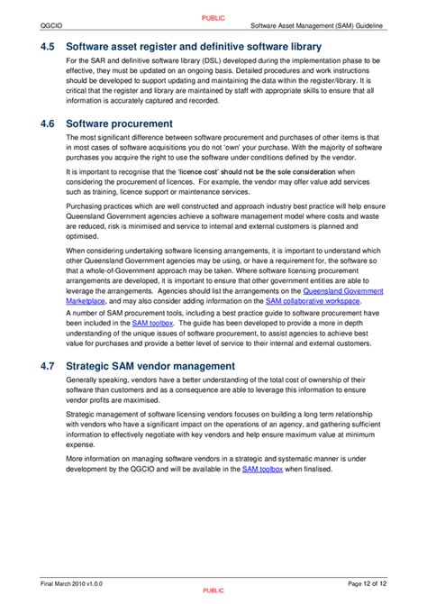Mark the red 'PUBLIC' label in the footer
tap(213, 590)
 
